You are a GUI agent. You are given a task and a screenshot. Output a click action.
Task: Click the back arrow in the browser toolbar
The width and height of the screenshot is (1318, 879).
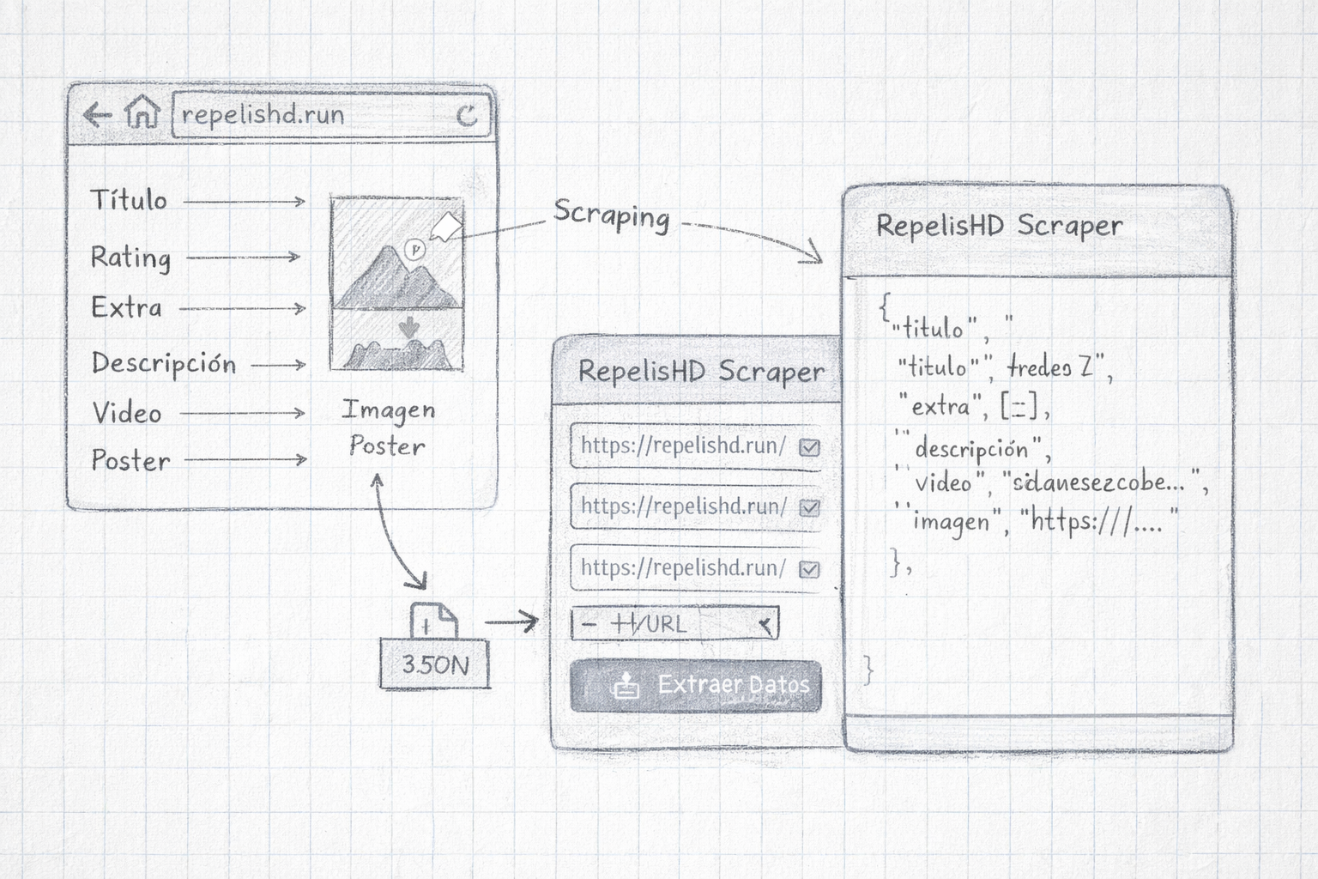97,114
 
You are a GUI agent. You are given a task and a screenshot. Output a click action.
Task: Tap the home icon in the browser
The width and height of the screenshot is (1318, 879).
142,112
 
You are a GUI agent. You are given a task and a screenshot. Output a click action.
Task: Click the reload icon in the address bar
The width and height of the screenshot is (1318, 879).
467,115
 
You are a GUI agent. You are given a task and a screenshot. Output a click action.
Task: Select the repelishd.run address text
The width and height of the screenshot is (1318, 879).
263,115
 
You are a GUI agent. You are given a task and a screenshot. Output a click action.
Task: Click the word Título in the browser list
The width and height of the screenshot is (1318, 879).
129,200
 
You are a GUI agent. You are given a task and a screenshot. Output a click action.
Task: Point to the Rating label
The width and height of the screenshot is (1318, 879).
130,257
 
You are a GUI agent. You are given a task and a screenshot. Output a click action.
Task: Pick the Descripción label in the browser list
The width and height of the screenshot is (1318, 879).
163,363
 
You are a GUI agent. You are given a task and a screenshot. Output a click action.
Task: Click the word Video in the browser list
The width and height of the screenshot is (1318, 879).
127,413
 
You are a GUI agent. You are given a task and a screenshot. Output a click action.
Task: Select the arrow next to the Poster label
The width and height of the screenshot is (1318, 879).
245,460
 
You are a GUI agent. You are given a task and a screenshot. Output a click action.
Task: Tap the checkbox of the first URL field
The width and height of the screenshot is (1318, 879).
809,447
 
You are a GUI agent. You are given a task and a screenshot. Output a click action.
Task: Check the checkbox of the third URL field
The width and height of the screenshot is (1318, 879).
809,569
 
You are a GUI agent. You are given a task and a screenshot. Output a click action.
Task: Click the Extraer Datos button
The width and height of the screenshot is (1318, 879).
696,686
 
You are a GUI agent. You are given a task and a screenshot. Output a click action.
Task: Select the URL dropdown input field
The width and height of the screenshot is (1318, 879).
674,624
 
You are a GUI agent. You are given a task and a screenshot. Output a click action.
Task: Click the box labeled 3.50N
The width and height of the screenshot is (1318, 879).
435,664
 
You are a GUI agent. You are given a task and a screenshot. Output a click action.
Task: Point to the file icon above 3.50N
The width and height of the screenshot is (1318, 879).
433,620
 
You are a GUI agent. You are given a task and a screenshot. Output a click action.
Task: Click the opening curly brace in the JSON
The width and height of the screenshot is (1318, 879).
885,306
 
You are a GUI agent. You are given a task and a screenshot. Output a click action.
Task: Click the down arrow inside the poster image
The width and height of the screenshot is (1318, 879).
408,327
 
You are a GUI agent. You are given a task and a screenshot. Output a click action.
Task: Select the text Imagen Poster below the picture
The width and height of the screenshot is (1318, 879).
388,427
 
